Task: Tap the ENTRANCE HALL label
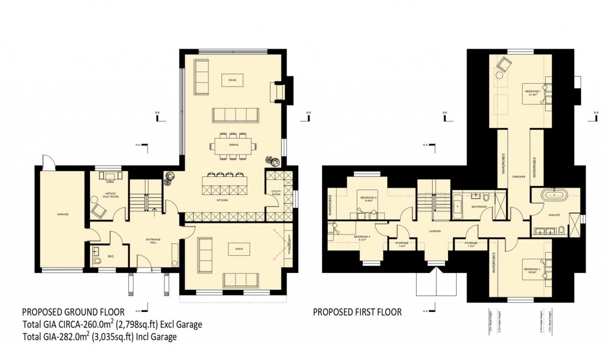[154, 239]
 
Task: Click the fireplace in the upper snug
[278, 91]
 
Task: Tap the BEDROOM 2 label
[532, 269]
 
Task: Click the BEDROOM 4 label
[362, 237]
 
